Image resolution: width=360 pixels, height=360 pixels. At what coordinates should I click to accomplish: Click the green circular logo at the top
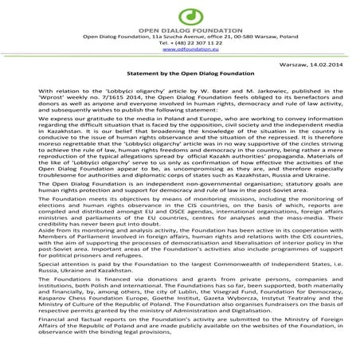(x=180, y=14)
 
